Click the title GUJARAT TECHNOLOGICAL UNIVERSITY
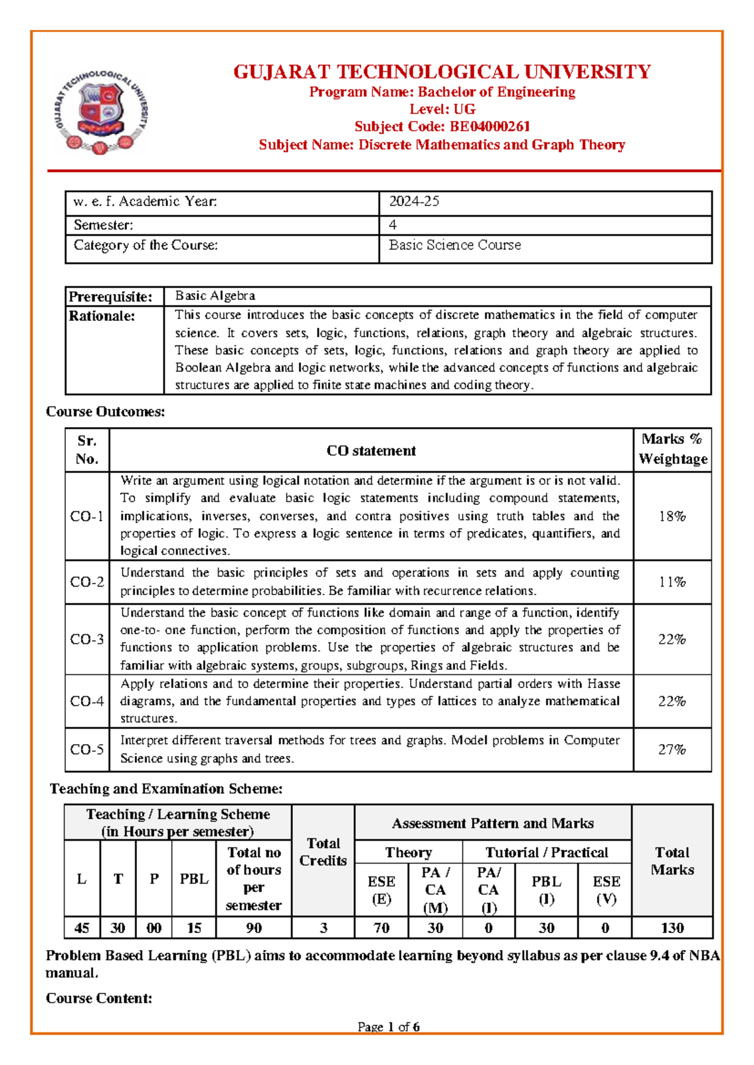click(442, 72)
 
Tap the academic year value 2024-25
click(414, 202)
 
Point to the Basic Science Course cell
click(455, 246)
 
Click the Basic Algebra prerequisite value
click(215, 296)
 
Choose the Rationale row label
click(102, 316)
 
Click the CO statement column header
click(371, 451)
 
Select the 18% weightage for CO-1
click(672, 516)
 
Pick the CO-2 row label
click(87, 582)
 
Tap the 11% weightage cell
click(672, 582)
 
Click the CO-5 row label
click(87, 750)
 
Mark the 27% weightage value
click(672, 750)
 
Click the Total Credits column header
click(323, 852)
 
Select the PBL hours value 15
click(194, 928)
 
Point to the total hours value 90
click(254, 928)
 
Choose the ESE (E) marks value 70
click(381, 928)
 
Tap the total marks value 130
click(672, 928)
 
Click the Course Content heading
click(99, 998)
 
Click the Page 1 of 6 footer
click(388, 1027)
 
